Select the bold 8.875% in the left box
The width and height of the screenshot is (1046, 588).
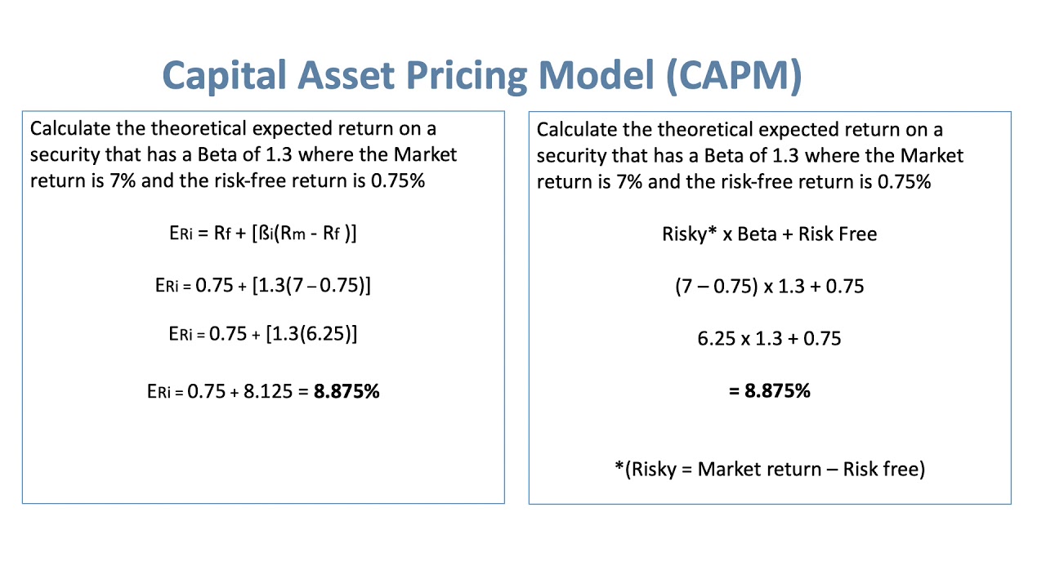347,391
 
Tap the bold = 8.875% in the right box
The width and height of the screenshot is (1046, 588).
770,390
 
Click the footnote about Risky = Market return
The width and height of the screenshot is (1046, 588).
770,470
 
